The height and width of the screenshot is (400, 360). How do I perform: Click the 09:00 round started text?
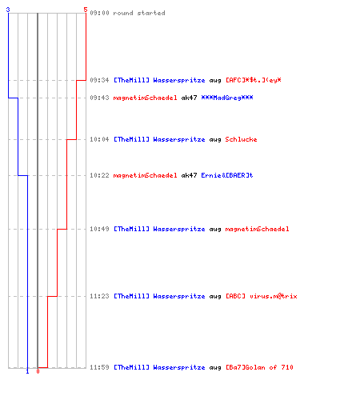127,13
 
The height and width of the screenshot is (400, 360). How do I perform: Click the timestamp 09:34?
99,80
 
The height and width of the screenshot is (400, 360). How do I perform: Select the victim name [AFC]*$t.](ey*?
254,80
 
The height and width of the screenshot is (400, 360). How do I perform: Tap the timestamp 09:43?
99,98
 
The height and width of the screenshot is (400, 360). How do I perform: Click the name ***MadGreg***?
227,98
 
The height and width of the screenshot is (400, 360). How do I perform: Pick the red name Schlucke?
241,139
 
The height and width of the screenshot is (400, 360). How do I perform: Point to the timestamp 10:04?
99,139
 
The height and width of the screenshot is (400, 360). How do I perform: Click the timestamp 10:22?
99,175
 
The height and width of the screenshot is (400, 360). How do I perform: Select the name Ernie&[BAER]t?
227,175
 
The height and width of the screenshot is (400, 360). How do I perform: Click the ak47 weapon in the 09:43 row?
189,98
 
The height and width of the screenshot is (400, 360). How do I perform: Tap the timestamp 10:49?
99,229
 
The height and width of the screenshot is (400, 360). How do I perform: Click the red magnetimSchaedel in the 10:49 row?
257,229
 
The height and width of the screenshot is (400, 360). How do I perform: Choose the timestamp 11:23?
99,296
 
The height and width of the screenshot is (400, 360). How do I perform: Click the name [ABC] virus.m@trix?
262,296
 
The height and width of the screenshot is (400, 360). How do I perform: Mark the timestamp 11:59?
99,367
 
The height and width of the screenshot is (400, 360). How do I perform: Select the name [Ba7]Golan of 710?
259,367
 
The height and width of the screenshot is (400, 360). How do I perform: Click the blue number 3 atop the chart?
8,10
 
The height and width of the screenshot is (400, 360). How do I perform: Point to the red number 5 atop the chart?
86,10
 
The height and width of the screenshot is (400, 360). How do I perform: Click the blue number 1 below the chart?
27,371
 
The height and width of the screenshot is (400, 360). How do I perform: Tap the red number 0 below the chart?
38,371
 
